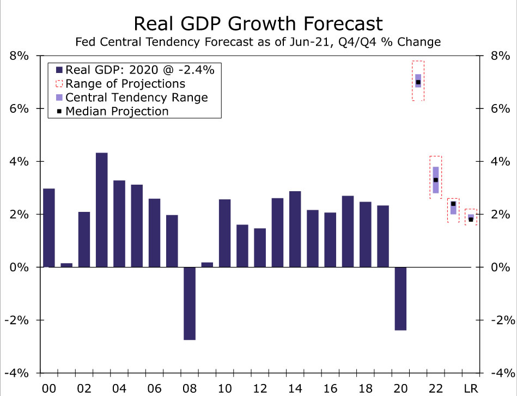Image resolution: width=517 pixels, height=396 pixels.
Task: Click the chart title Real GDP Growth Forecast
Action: click(x=258, y=23)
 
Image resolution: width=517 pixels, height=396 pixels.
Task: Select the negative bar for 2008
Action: click(x=189, y=303)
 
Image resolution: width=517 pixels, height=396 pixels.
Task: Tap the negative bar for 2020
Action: click(x=400, y=298)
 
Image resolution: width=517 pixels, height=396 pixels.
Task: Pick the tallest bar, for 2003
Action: click(x=101, y=210)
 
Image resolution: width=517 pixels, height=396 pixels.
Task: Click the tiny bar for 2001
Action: click(x=66, y=265)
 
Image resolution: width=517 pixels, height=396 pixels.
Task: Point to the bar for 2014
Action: click(x=295, y=229)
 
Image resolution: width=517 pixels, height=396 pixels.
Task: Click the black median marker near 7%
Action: click(x=418, y=82)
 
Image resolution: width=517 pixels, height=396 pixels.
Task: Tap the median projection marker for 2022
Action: click(x=435, y=180)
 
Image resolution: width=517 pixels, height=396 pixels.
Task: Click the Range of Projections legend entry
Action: click(x=125, y=84)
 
